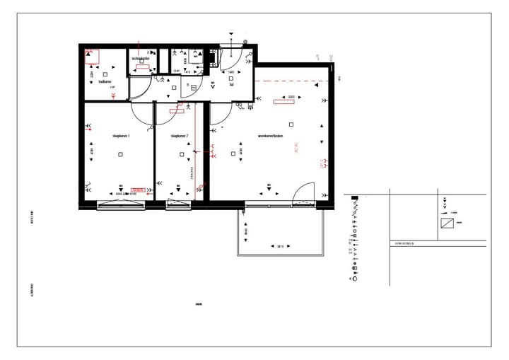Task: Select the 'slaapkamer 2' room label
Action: point(180,136)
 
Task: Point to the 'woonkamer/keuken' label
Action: point(271,135)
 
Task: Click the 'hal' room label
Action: point(231,84)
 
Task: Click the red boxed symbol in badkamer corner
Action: point(91,56)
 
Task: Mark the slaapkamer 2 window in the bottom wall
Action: point(179,205)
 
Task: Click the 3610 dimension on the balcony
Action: point(279,246)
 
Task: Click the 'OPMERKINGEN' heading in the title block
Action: point(405,244)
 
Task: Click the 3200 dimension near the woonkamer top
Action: point(291,96)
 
